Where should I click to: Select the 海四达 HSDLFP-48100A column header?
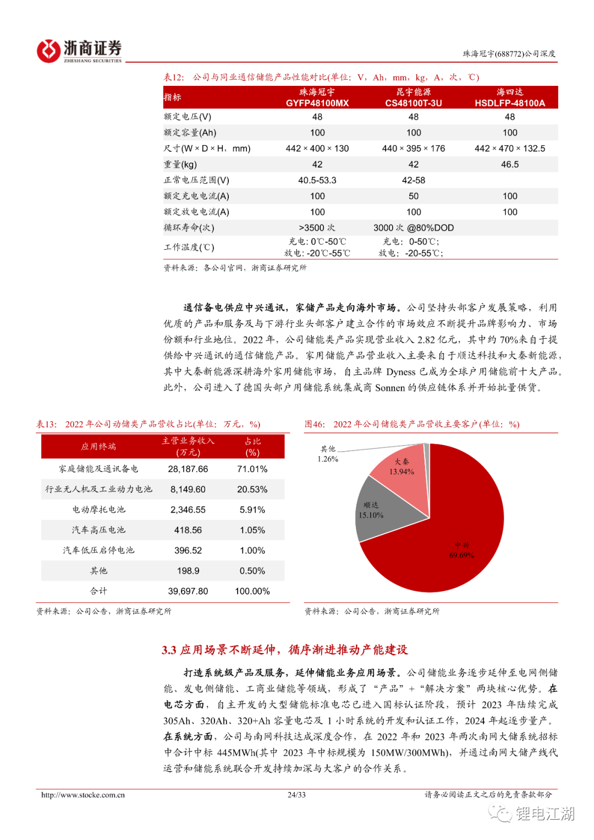pyautogui.click(x=510, y=97)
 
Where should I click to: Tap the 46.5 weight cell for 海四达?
pyautogui.click(x=510, y=164)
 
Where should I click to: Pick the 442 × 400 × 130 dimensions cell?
pyautogui.click(x=317, y=149)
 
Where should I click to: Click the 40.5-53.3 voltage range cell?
pyautogui.click(x=317, y=180)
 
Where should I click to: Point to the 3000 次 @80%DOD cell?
pyautogui.click(x=414, y=228)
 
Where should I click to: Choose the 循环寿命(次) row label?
pyautogui.click(x=189, y=228)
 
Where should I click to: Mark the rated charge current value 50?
pyautogui.click(x=414, y=196)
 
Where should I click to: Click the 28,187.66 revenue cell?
pyautogui.click(x=188, y=469)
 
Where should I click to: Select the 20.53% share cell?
pyautogui.click(x=252, y=490)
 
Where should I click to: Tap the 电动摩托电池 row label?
pyautogui.click(x=99, y=510)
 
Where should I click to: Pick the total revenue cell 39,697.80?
pyautogui.click(x=188, y=591)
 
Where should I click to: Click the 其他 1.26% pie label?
pyautogui.click(x=328, y=454)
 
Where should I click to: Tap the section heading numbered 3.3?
pyautogui.click(x=284, y=650)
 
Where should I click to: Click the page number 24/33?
pyautogui.click(x=296, y=795)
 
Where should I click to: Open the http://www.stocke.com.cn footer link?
pyautogui.click(x=83, y=795)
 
